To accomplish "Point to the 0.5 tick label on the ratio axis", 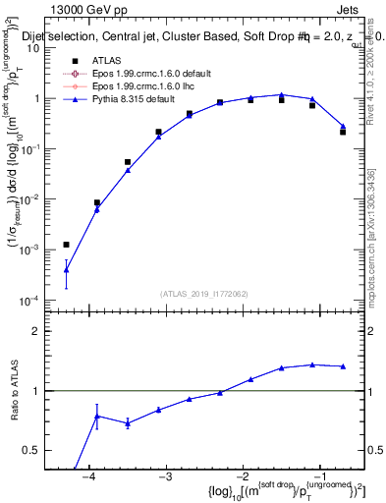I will [x=36, y=450].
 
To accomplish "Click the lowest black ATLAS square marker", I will [x=66, y=245].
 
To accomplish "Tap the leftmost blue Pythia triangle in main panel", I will [x=66, y=268].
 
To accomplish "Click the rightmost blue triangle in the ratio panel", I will [x=343, y=365].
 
